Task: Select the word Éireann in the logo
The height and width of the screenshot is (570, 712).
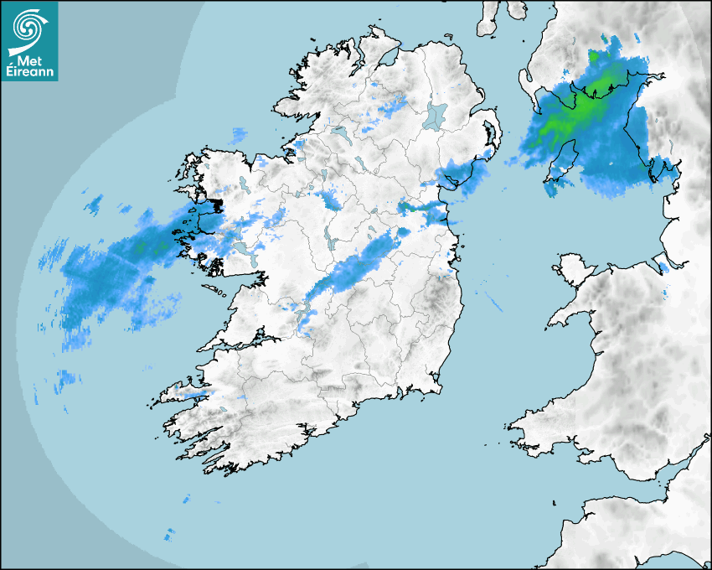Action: click(30, 72)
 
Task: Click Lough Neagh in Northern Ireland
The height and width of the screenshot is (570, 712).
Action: click(436, 116)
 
